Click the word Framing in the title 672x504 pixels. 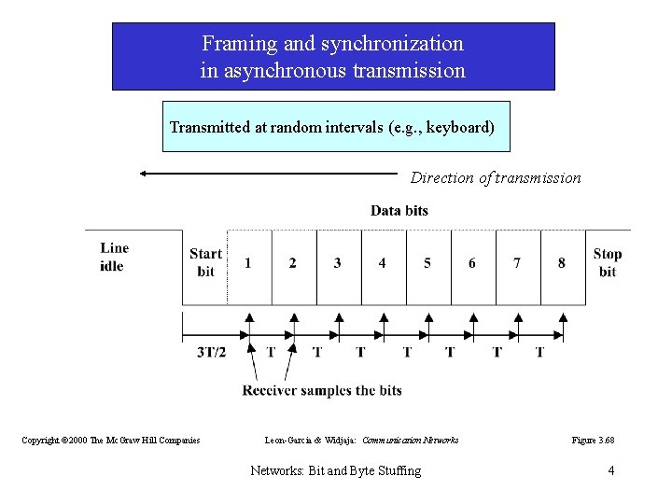click(232, 44)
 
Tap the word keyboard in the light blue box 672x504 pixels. click(457, 127)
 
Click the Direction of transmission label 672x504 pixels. click(496, 177)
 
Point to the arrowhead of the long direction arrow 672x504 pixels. click(143, 173)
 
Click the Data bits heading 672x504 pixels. click(399, 211)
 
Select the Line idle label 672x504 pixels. click(114, 257)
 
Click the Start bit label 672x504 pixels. click(205, 262)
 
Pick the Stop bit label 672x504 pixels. click(607, 262)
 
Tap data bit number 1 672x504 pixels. click(248, 263)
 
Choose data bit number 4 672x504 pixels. click(382, 263)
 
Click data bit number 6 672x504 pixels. click(471, 263)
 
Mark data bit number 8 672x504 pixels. click(561, 263)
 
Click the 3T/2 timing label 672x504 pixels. click(211, 352)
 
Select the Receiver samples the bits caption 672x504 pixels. click(322, 389)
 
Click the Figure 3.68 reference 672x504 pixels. click(594, 440)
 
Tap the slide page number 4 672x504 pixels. click(610, 470)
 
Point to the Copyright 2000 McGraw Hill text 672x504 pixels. click(111, 440)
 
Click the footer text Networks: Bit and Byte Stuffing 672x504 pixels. click(336, 470)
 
